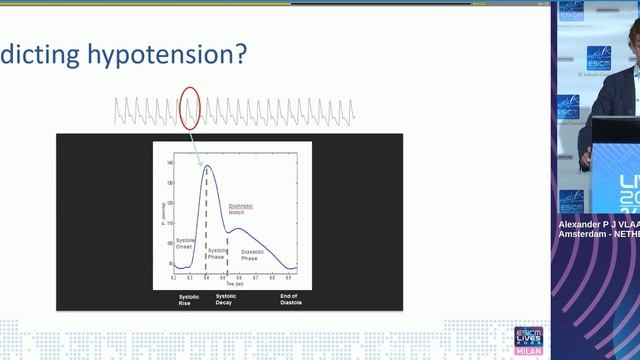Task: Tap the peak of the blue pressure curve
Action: (x=207, y=166)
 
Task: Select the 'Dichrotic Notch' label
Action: (x=241, y=208)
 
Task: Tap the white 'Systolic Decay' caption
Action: (x=227, y=299)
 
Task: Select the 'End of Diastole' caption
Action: (x=290, y=299)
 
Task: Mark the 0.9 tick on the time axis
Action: (x=289, y=277)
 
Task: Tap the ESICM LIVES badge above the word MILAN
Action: (x=527, y=336)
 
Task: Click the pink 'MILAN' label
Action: (x=527, y=352)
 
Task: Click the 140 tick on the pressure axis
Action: (x=169, y=162)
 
